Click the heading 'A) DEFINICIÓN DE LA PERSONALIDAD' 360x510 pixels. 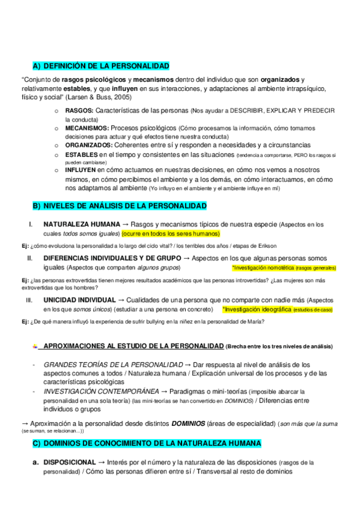tap(101, 66)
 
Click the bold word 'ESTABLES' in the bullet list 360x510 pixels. tap(82, 154)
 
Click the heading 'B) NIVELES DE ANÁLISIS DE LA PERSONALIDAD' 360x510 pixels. tap(120, 206)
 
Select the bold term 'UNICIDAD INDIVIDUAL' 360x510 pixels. tap(79, 300)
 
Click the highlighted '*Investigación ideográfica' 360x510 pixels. tap(257, 309)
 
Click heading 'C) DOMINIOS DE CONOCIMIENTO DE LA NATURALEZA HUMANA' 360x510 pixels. tap(147, 443)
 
